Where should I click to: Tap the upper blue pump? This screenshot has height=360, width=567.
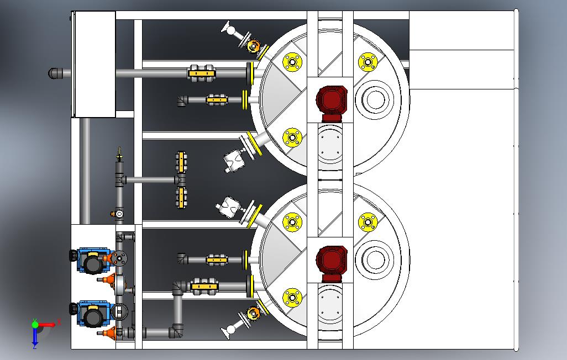[93, 260]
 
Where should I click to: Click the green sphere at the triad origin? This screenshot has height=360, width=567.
[35, 325]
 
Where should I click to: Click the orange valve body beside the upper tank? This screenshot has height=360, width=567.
[253, 45]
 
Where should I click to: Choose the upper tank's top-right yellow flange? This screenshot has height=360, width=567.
[368, 62]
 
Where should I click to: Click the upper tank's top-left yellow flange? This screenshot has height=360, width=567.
[292, 62]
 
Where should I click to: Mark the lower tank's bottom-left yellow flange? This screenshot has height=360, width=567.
[292, 298]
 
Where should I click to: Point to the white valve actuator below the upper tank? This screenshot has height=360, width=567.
[234, 161]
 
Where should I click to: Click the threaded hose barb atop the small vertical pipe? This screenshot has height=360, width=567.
[119, 154]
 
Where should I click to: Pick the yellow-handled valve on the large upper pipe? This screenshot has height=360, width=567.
[202, 73]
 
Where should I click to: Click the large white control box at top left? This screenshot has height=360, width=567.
[94, 65]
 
